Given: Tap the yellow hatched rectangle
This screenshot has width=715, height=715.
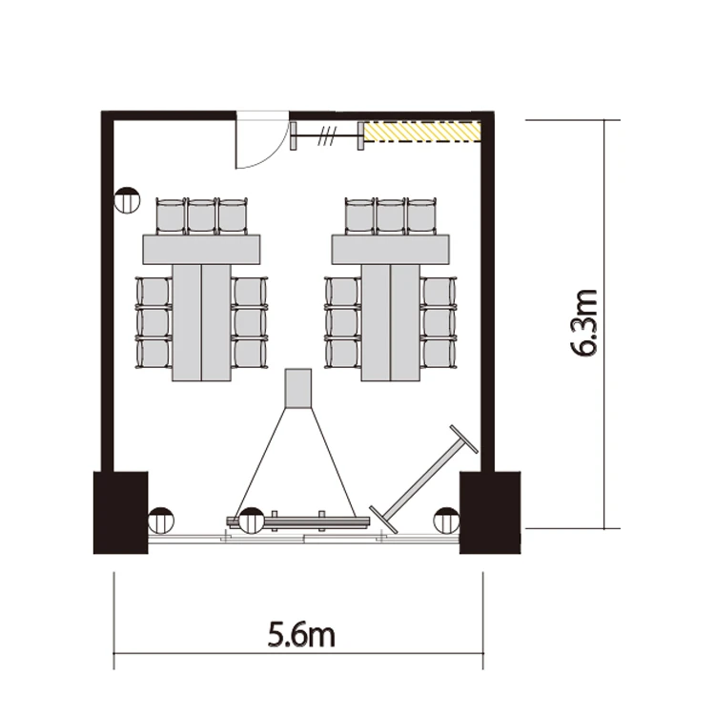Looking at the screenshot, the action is point(421,132).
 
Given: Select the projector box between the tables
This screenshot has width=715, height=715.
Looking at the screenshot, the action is point(298,388).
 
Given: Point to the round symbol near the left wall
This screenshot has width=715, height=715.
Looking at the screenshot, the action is point(127,200).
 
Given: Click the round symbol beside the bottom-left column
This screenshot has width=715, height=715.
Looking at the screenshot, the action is point(161,521).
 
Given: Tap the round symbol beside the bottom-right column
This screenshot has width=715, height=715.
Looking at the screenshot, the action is point(447,521).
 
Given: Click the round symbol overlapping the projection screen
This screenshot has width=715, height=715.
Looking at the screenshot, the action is point(253,521).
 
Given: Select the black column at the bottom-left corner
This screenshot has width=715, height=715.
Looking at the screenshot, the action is point(121,513).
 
